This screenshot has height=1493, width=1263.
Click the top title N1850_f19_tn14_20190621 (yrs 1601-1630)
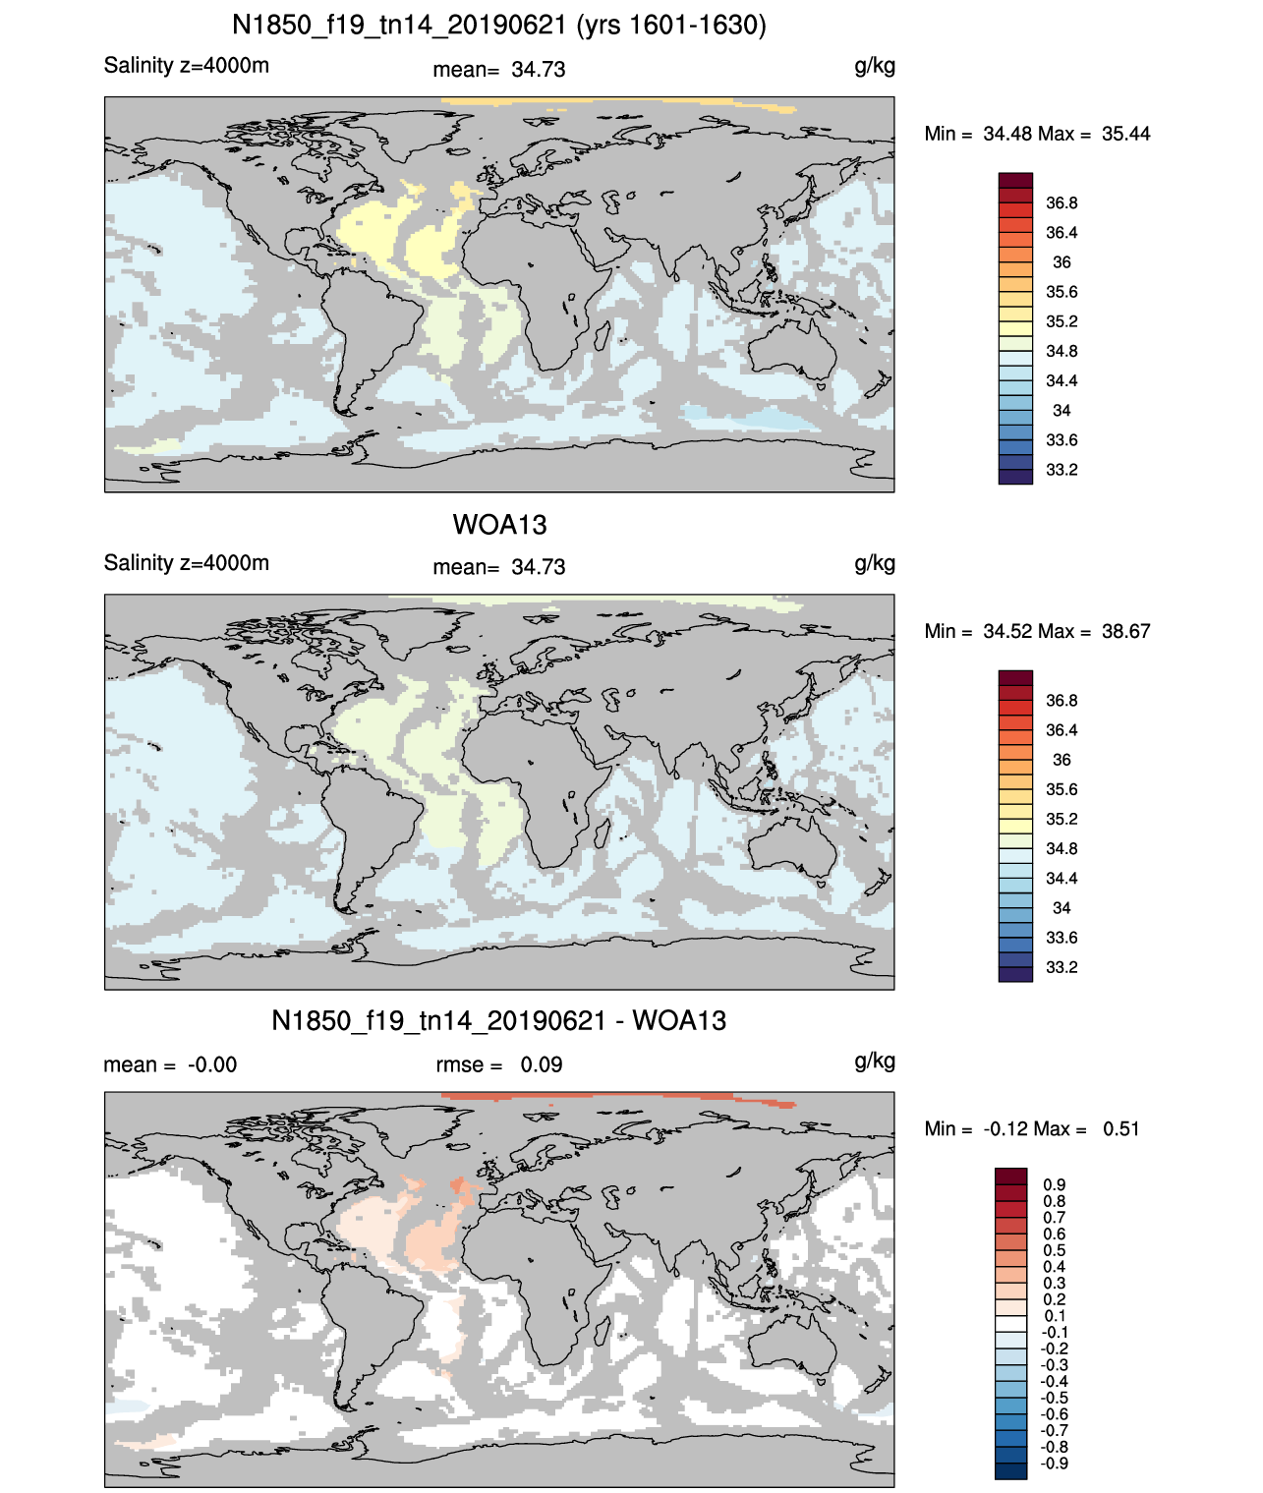pyautogui.click(x=498, y=26)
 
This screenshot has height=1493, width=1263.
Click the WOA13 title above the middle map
pyautogui.click(x=499, y=525)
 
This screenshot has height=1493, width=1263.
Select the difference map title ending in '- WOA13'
pyautogui.click(x=498, y=1020)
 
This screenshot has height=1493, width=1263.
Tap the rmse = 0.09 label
pyautogui.click(x=499, y=1064)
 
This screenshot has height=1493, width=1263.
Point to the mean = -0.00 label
pyautogui.click(x=170, y=1064)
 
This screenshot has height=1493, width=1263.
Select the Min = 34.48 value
pyautogui.click(x=978, y=134)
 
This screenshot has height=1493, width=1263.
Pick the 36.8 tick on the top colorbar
pyautogui.click(x=1062, y=203)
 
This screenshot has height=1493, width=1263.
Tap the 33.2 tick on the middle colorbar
pyautogui.click(x=1062, y=967)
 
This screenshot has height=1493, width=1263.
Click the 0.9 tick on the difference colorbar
pyautogui.click(x=1055, y=1184)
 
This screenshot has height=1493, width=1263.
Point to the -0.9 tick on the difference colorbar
pyautogui.click(x=1054, y=1464)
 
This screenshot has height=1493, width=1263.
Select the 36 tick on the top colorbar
pyautogui.click(x=1062, y=262)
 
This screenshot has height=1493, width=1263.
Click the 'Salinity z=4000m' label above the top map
pyautogui.click(x=187, y=65)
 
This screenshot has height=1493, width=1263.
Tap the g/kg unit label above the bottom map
pyautogui.click(x=875, y=1062)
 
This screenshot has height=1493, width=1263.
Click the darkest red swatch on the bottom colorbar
pyautogui.click(x=1011, y=1176)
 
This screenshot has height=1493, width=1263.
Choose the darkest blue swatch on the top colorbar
pyautogui.click(x=1015, y=477)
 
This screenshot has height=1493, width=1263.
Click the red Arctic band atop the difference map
pyautogui.click(x=617, y=1098)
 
